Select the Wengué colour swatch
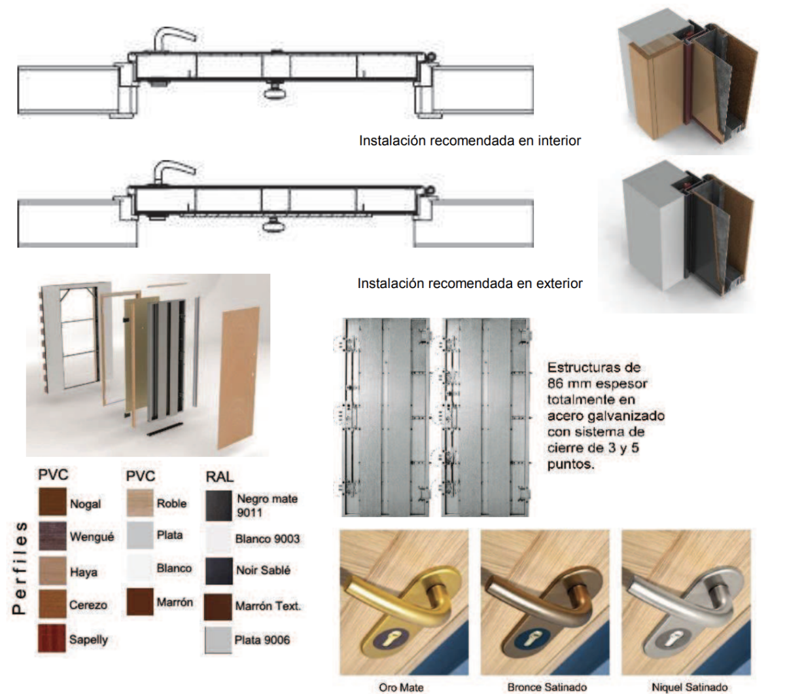52,536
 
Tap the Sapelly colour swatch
52,638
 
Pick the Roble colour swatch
140,503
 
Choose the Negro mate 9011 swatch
218,505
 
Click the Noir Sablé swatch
218,571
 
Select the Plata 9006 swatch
218,640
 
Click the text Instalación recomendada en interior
470,140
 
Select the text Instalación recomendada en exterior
470,283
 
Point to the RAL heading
219,477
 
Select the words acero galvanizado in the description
606,416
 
